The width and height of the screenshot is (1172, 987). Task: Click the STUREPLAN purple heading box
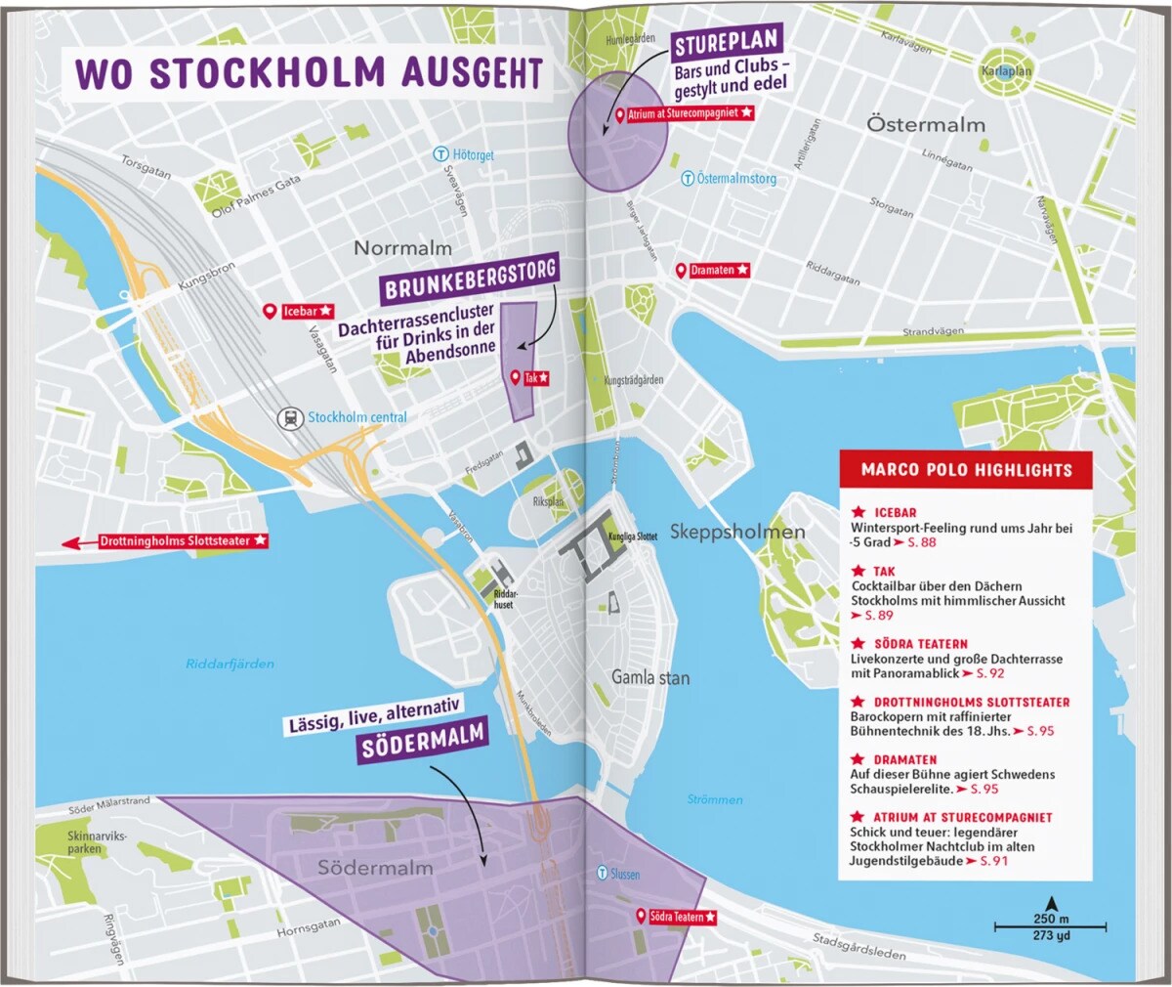pyautogui.click(x=728, y=44)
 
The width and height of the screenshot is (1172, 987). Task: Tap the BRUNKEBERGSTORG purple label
pyautogui.click(x=470, y=279)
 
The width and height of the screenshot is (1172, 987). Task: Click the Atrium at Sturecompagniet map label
pyautogui.click(x=690, y=114)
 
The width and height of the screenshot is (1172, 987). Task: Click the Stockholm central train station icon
pyautogui.click(x=290, y=418)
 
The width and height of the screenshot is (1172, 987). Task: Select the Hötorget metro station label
pyautogui.click(x=473, y=155)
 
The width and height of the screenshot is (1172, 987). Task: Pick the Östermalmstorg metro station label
pyautogui.click(x=736, y=179)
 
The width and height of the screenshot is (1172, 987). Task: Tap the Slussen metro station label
pyautogui.click(x=625, y=874)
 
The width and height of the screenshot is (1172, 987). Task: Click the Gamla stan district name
pyautogui.click(x=650, y=677)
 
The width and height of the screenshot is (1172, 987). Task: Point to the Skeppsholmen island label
pyautogui.click(x=737, y=533)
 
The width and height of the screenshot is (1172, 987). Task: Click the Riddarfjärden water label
pyautogui.click(x=230, y=665)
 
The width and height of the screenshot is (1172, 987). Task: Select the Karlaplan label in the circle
pyautogui.click(x=1006, y=71)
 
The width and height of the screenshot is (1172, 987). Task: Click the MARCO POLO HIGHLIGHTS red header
pyautogui.click(x=966, y=470)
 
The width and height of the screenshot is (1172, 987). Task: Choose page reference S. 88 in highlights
pyautogui.click(x=921, y=542)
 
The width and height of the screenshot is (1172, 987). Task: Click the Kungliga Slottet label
pyautogui.click(x=633, y=536)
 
